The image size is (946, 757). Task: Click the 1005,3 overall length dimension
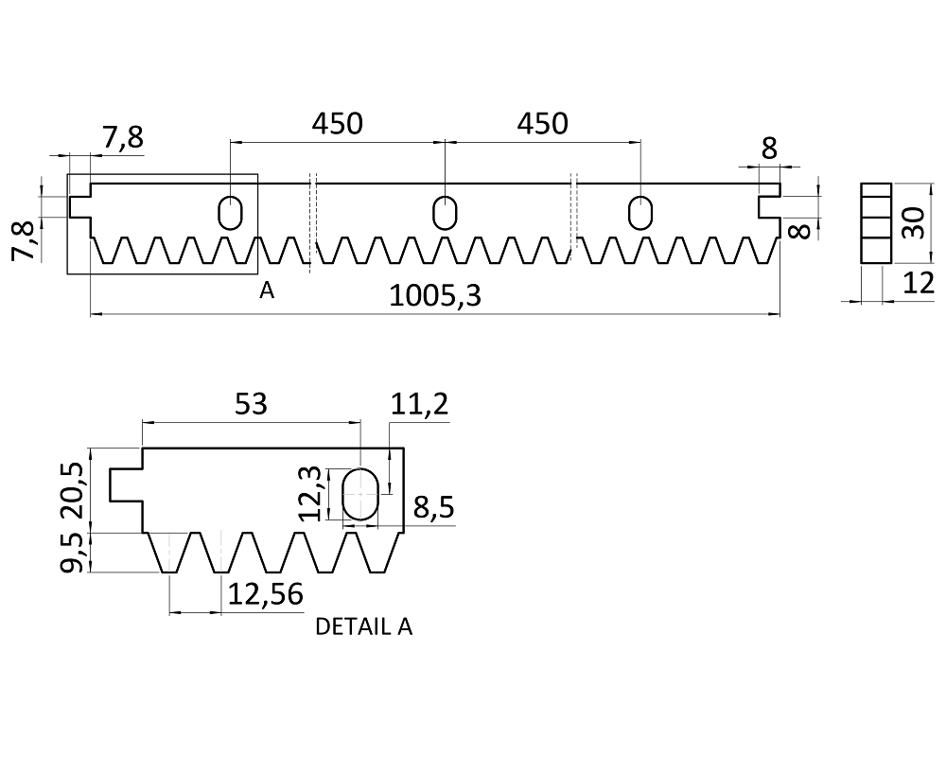point(435,296)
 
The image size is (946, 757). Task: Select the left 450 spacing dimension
point(338,124)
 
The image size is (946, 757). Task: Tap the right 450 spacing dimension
point(542,124)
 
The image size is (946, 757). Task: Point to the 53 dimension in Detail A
point(251,404)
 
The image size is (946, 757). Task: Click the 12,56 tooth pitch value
point(265,594)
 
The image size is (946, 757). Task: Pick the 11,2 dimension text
point(419,404)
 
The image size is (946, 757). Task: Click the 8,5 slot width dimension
point(433,507)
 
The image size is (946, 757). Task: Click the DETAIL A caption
point(364,627)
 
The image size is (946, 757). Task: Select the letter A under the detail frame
point(267,290)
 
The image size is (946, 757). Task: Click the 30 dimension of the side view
point(915,222)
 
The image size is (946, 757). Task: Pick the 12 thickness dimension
point(919,283)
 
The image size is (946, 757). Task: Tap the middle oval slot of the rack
point(446,213)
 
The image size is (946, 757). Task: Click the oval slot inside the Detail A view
point(360,494)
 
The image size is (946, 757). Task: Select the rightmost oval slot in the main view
point(640,213)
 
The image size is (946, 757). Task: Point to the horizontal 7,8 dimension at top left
point(123,137)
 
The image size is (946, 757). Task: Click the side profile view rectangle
point(876,222)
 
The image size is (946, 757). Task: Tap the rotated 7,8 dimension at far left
point(23,241)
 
